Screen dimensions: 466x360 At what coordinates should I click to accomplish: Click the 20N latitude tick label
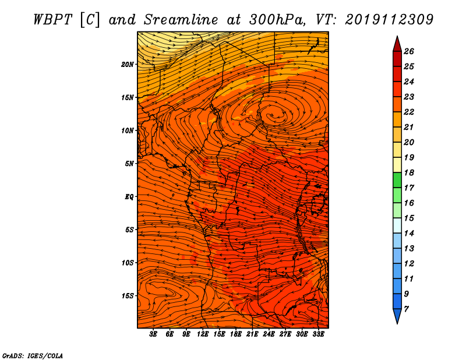click(x=128, y=65)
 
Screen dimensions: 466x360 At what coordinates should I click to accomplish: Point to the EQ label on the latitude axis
click(x=129, y=197)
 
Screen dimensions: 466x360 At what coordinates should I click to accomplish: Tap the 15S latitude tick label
click(x=128, y=296)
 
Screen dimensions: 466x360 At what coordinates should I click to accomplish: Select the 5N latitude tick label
click(x=129, y=164)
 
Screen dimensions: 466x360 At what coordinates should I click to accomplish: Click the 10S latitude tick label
click(x=128, y=263)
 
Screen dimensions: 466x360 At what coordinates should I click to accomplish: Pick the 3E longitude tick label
click(x=153, y=334)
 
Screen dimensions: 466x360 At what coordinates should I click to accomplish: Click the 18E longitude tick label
click(x=236, y=334)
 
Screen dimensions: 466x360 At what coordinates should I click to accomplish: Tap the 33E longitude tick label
click(x=318, y=334)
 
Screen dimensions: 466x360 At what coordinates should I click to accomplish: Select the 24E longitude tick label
click(x=269, y=334)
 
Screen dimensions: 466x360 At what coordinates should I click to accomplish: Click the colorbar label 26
click(x=409, y=51)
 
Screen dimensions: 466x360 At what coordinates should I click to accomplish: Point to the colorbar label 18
click(x=409, y=172)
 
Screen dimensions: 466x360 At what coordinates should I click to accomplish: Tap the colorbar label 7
click(x=406, y=309)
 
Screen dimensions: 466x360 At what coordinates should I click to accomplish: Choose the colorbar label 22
click(x=409, y=112)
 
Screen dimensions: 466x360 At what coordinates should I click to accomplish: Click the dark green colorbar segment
click(x=397, y=180)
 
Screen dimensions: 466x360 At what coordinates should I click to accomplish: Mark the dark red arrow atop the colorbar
click(x=397, y=44)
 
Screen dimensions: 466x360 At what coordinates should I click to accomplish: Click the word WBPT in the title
click(x=52, y=20)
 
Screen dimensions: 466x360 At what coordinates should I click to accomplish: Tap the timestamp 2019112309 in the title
click(x=389, y=20)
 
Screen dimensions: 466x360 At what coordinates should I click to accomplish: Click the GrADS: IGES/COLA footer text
click(x=33, y=356)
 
